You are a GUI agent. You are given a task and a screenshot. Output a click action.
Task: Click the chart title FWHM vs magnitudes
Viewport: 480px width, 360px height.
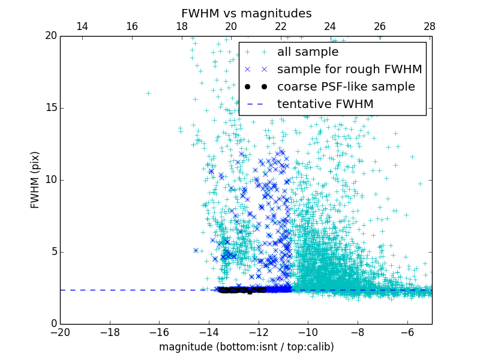246,13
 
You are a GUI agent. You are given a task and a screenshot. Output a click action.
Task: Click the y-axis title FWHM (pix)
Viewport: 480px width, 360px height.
35,180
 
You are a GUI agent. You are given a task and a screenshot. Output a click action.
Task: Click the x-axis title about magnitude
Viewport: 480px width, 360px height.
246,347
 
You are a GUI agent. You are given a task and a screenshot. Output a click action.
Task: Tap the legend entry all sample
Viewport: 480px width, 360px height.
308,52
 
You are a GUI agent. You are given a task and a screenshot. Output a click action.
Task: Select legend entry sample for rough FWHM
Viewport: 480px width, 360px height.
349,70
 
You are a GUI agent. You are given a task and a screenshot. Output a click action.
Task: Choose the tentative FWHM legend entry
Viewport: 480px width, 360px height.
325,104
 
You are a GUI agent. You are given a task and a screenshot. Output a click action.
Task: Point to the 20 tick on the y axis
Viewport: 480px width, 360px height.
50,36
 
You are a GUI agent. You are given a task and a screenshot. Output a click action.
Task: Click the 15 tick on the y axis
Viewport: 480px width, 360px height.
50,108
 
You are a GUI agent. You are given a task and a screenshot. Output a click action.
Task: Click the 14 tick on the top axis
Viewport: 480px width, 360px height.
82,26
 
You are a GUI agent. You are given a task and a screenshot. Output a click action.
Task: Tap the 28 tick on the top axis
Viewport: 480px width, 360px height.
430,26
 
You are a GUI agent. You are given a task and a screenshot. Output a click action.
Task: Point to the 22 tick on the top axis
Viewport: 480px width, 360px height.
281,26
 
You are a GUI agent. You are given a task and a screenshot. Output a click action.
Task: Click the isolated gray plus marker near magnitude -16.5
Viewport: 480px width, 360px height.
148,93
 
